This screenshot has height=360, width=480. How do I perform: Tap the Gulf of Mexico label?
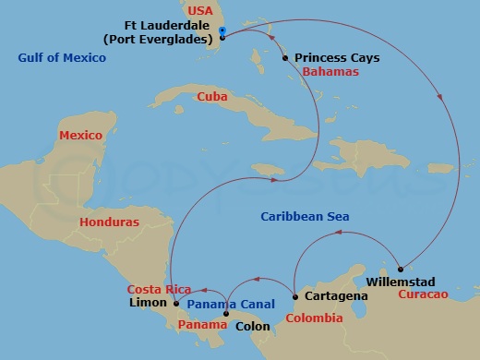(x=62, y=58)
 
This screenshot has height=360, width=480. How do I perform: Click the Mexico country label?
(x=80, y=136)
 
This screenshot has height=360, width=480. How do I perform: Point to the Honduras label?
(x=109, y=222)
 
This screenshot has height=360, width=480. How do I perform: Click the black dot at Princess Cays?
(x=285, y=57)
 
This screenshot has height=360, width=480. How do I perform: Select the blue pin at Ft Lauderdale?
(x=222, y=31)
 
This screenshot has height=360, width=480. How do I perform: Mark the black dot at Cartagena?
(x=294, y=296)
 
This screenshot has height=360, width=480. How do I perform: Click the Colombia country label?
(x=314, y=318)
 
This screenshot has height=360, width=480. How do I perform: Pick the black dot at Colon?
(x=227, y=314)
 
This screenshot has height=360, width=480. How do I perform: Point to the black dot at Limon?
(x=176, y=302)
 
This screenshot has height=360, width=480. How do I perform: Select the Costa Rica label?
(x=159, y=289)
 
